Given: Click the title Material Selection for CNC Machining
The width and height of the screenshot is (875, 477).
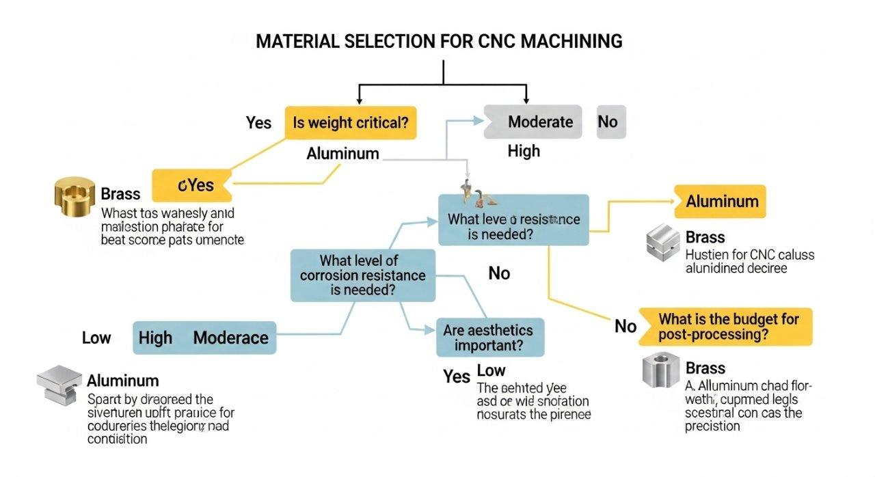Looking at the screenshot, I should (x=439, y=41).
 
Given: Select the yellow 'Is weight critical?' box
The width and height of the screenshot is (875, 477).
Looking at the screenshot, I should (x=350, y=123).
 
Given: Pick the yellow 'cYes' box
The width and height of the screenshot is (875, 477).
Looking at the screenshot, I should (x=191, y=185).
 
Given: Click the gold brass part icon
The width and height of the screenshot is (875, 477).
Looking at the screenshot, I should (x=73, y=195).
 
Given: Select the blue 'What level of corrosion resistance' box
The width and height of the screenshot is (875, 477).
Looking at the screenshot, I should (x=362, y=275).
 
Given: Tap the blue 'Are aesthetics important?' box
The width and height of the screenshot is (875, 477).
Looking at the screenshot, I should (x=489, y=338).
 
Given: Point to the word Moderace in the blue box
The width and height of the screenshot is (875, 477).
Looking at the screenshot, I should (x=230, y=338).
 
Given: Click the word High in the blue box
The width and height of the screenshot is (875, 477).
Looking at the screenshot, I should (x=155, y=338).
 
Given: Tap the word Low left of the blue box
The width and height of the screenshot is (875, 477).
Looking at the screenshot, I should (x=96, y=338).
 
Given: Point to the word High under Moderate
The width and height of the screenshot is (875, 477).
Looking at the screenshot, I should (x=524, y=151).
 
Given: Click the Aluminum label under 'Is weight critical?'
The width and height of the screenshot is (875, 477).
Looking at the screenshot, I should (x=342, y=154).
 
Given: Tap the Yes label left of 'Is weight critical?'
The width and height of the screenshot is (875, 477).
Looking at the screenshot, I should (x=258, y=123).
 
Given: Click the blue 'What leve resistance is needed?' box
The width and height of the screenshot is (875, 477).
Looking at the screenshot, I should (x=513, y=220).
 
